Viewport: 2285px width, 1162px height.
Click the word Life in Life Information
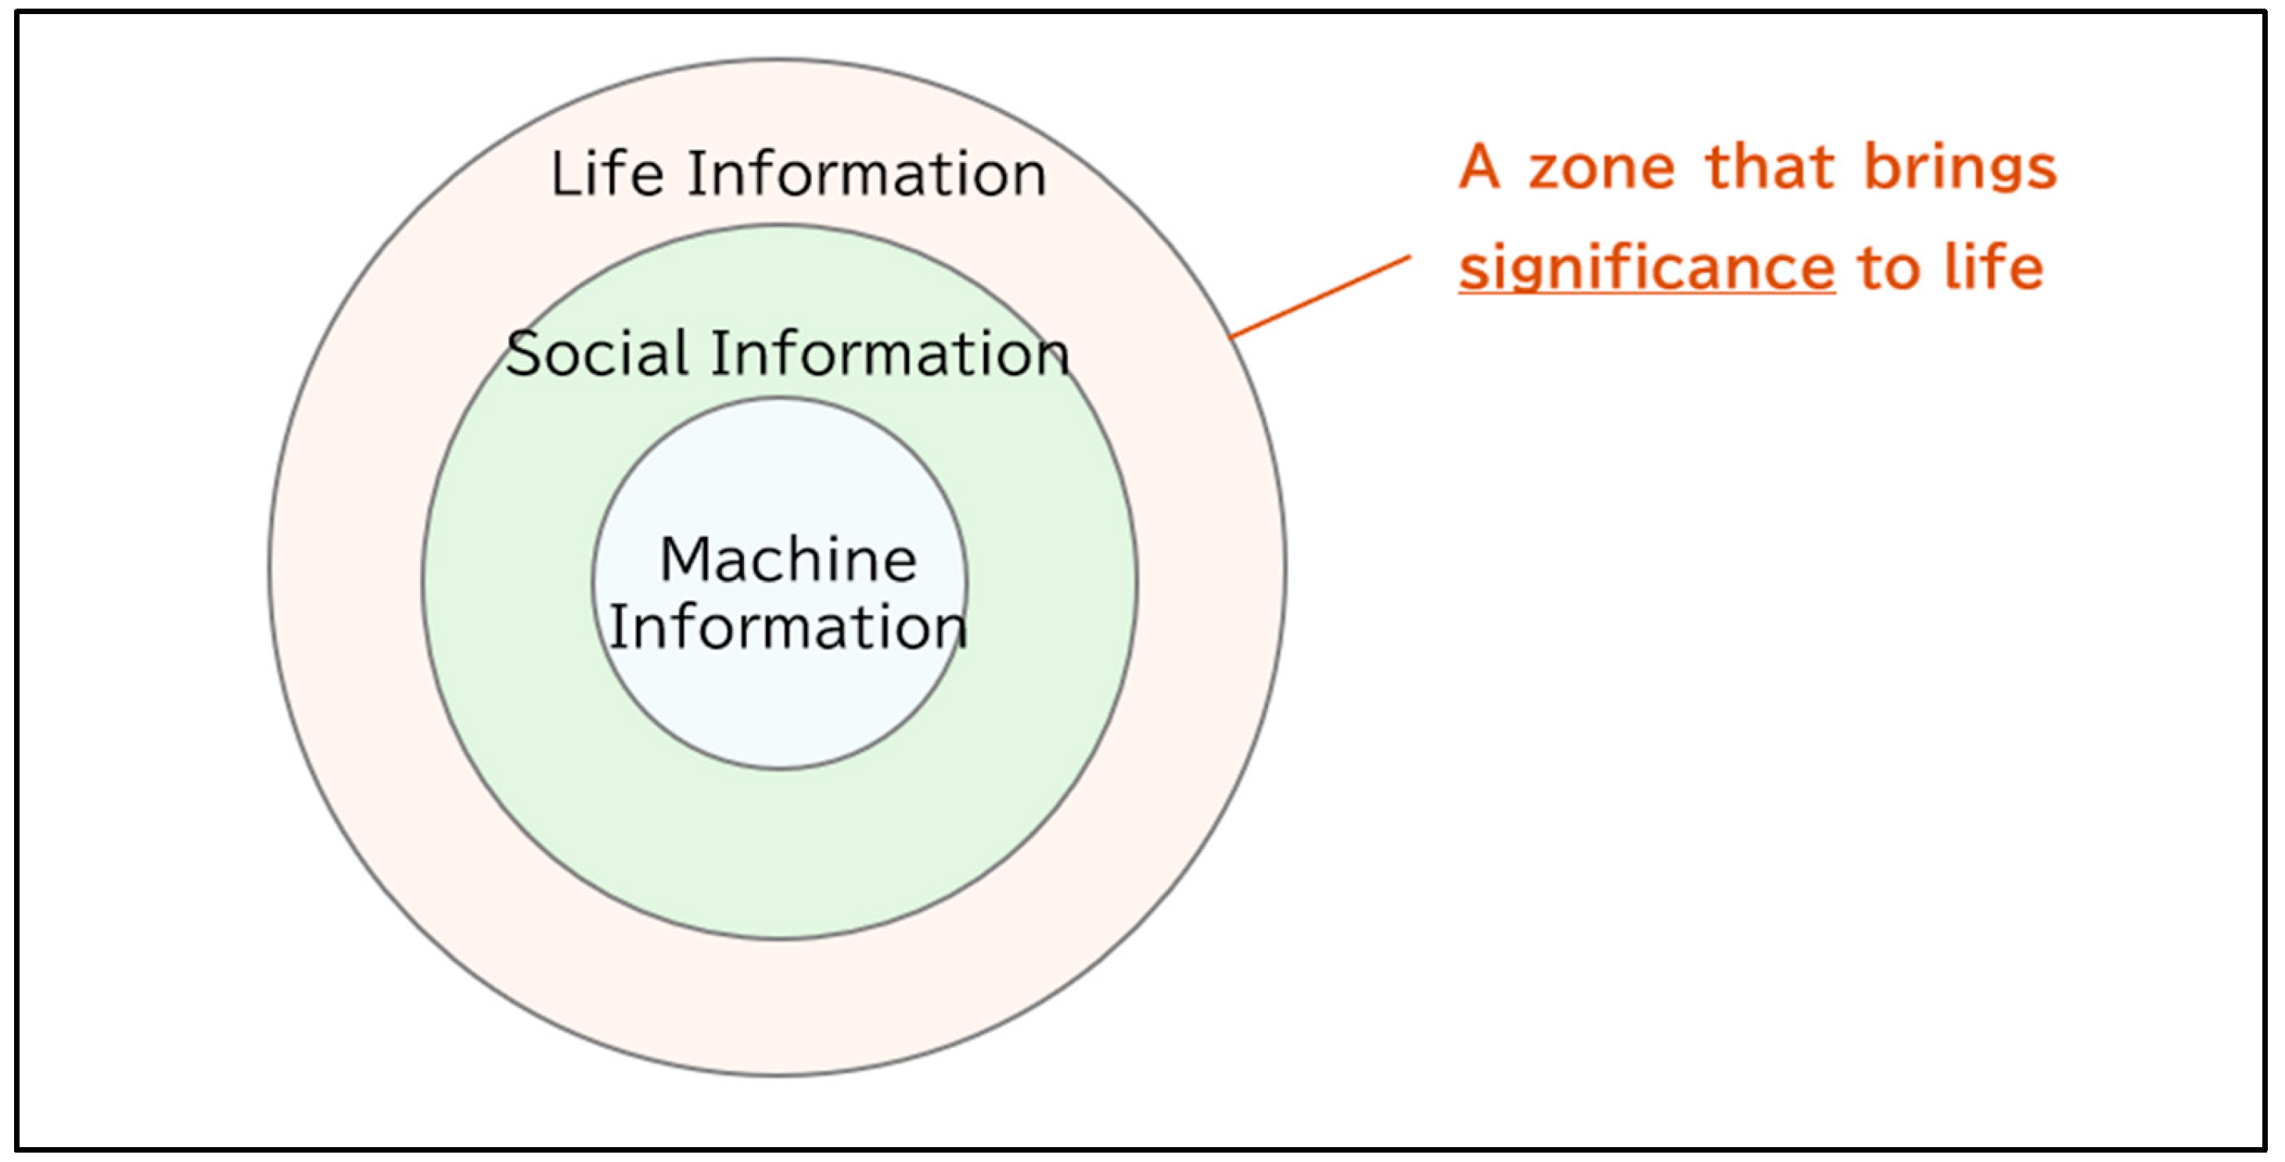607,173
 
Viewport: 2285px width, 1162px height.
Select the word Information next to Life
867,173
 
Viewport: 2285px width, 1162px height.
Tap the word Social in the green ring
596,353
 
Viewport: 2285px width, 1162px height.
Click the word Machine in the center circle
788,559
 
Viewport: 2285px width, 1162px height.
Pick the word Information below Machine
788,627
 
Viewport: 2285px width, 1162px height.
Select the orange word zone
1601,168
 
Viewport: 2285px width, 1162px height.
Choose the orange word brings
1960,168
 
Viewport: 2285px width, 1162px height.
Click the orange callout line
1320,297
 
